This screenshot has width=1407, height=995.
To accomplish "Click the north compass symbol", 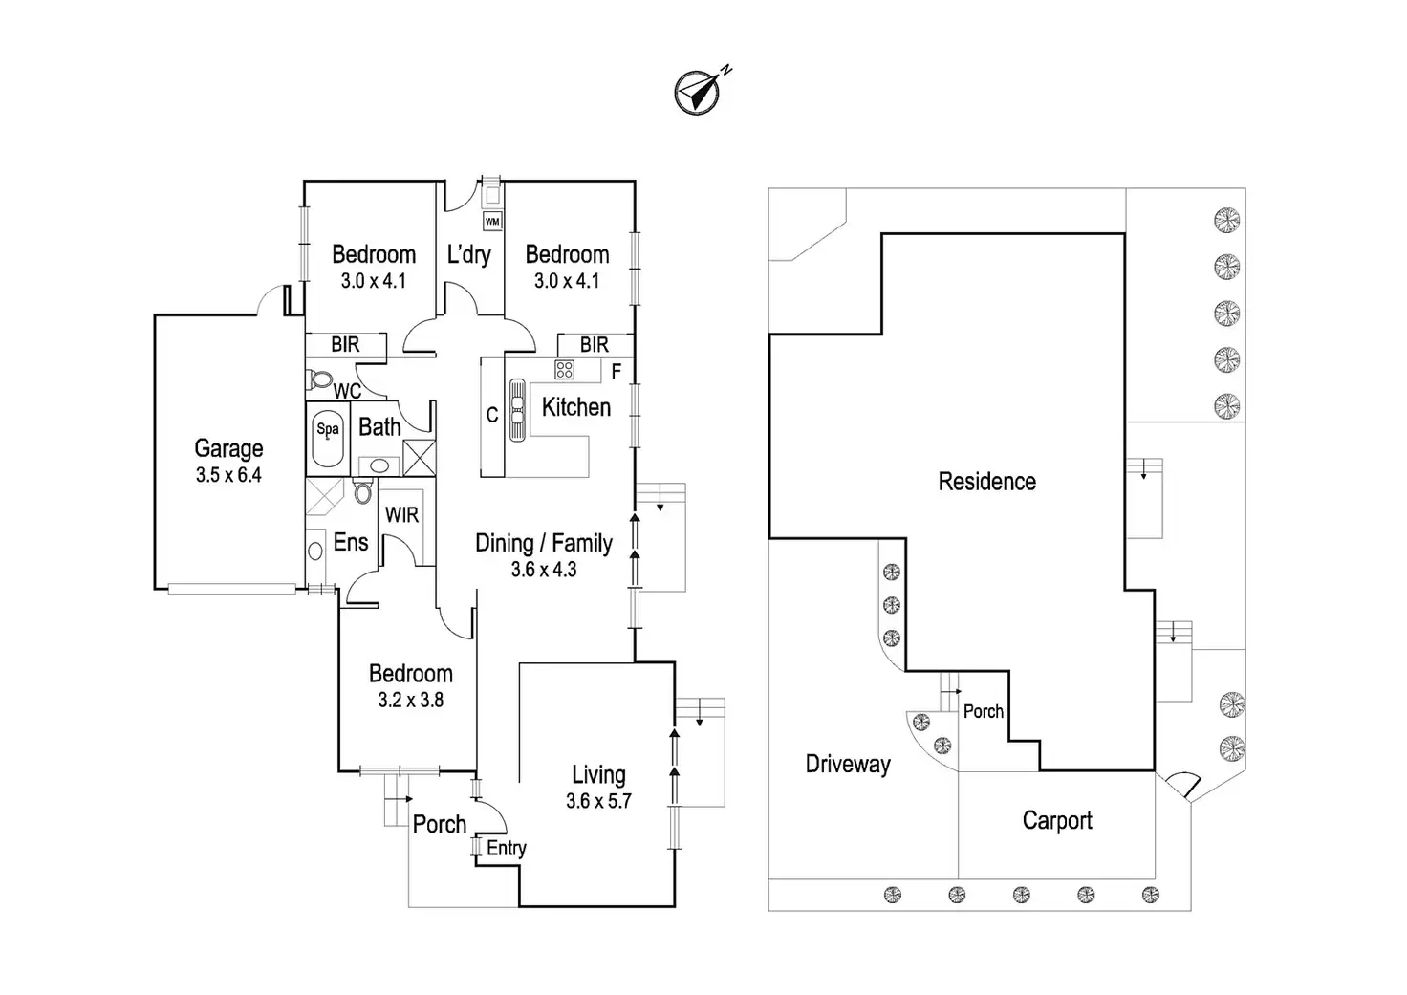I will click(x=699, y=93).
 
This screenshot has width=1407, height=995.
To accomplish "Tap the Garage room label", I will click(x=228, y=448).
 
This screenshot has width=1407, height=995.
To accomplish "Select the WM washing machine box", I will click(x=492, y=222).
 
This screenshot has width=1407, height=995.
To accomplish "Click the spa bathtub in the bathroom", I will click(x=328, y=437).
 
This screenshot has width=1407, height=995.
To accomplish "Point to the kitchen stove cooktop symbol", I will click(x=564, y=369).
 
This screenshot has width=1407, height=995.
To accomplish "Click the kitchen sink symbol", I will click(x=517, y=411).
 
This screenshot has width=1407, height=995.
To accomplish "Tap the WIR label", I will click(x=401, y=515).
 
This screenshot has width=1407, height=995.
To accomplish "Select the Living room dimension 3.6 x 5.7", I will click(x=598, y=801).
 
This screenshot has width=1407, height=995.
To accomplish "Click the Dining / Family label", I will click(x=544, y=543).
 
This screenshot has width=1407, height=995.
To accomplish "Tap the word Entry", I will click(x=507, y=848).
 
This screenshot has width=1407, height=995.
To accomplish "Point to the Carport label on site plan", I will click(x=1057, y=820).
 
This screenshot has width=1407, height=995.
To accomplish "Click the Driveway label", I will click(x=848, y=764).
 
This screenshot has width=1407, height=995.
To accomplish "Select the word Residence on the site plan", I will click(x=986, y=481).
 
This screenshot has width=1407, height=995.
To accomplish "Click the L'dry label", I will click(x=468, y=254).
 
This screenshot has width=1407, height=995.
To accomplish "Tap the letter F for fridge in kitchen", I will click(x=617, y=371).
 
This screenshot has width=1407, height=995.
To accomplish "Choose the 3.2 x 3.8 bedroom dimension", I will click(x=410, y=700).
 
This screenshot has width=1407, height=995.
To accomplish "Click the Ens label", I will click(x=351, y=542).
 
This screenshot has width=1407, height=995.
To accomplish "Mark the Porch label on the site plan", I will click(x=984, y=711).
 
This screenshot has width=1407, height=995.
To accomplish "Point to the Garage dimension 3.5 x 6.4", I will click(x=228, y=475).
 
